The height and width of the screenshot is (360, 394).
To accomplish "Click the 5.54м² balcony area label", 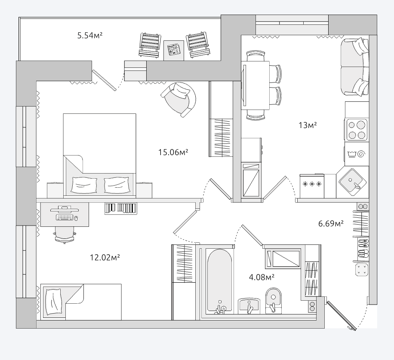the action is pos(90,35).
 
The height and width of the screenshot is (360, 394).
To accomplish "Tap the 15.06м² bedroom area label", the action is pos(173,152).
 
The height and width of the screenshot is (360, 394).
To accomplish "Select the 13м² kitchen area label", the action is pos(308,125).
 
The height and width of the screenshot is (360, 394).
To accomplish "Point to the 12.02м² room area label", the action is pos(105,257).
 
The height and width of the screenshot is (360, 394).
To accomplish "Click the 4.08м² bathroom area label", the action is pos(262,277).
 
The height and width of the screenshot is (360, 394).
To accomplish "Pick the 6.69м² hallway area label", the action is pos(331,223).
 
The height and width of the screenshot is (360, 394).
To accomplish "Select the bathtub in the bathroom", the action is pos(219,281).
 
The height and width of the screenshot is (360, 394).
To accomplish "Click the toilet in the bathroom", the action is pos(274,301).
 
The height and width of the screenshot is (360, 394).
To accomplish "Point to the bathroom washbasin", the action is pos(249,306).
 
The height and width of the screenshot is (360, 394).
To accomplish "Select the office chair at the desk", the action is pos(65,235).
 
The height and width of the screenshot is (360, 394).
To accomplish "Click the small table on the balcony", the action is pos(174,50).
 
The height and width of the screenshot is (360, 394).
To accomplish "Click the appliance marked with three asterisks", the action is pos(312,186).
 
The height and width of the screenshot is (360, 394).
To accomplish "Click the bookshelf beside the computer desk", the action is pos(121,209).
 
